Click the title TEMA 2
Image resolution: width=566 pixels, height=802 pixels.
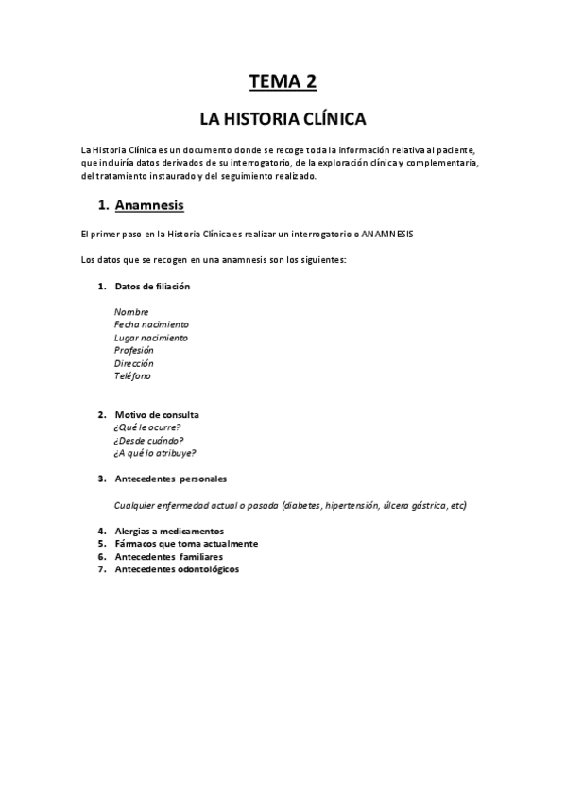283,81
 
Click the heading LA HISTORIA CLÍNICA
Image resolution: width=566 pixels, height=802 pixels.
282,120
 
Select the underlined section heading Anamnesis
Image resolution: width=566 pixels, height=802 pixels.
149,204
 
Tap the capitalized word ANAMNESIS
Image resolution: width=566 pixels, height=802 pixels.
387,233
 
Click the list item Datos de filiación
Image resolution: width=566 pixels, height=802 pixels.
152,286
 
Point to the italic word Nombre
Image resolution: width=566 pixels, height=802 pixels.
131,311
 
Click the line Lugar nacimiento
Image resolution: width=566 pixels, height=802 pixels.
151,338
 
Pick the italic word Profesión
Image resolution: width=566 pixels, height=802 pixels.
133,350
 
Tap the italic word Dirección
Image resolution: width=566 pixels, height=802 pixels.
133,363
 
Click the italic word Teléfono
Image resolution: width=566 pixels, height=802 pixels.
132,375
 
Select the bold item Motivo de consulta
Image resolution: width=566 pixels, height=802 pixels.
157,414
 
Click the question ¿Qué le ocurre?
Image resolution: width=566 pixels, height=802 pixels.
146,427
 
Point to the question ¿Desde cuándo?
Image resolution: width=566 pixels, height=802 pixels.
148,440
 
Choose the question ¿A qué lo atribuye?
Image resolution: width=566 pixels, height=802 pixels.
155,452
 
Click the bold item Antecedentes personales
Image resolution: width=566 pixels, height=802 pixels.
170,479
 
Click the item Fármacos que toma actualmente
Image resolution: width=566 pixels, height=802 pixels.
185,544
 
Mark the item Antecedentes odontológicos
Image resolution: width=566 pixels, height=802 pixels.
177,569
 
